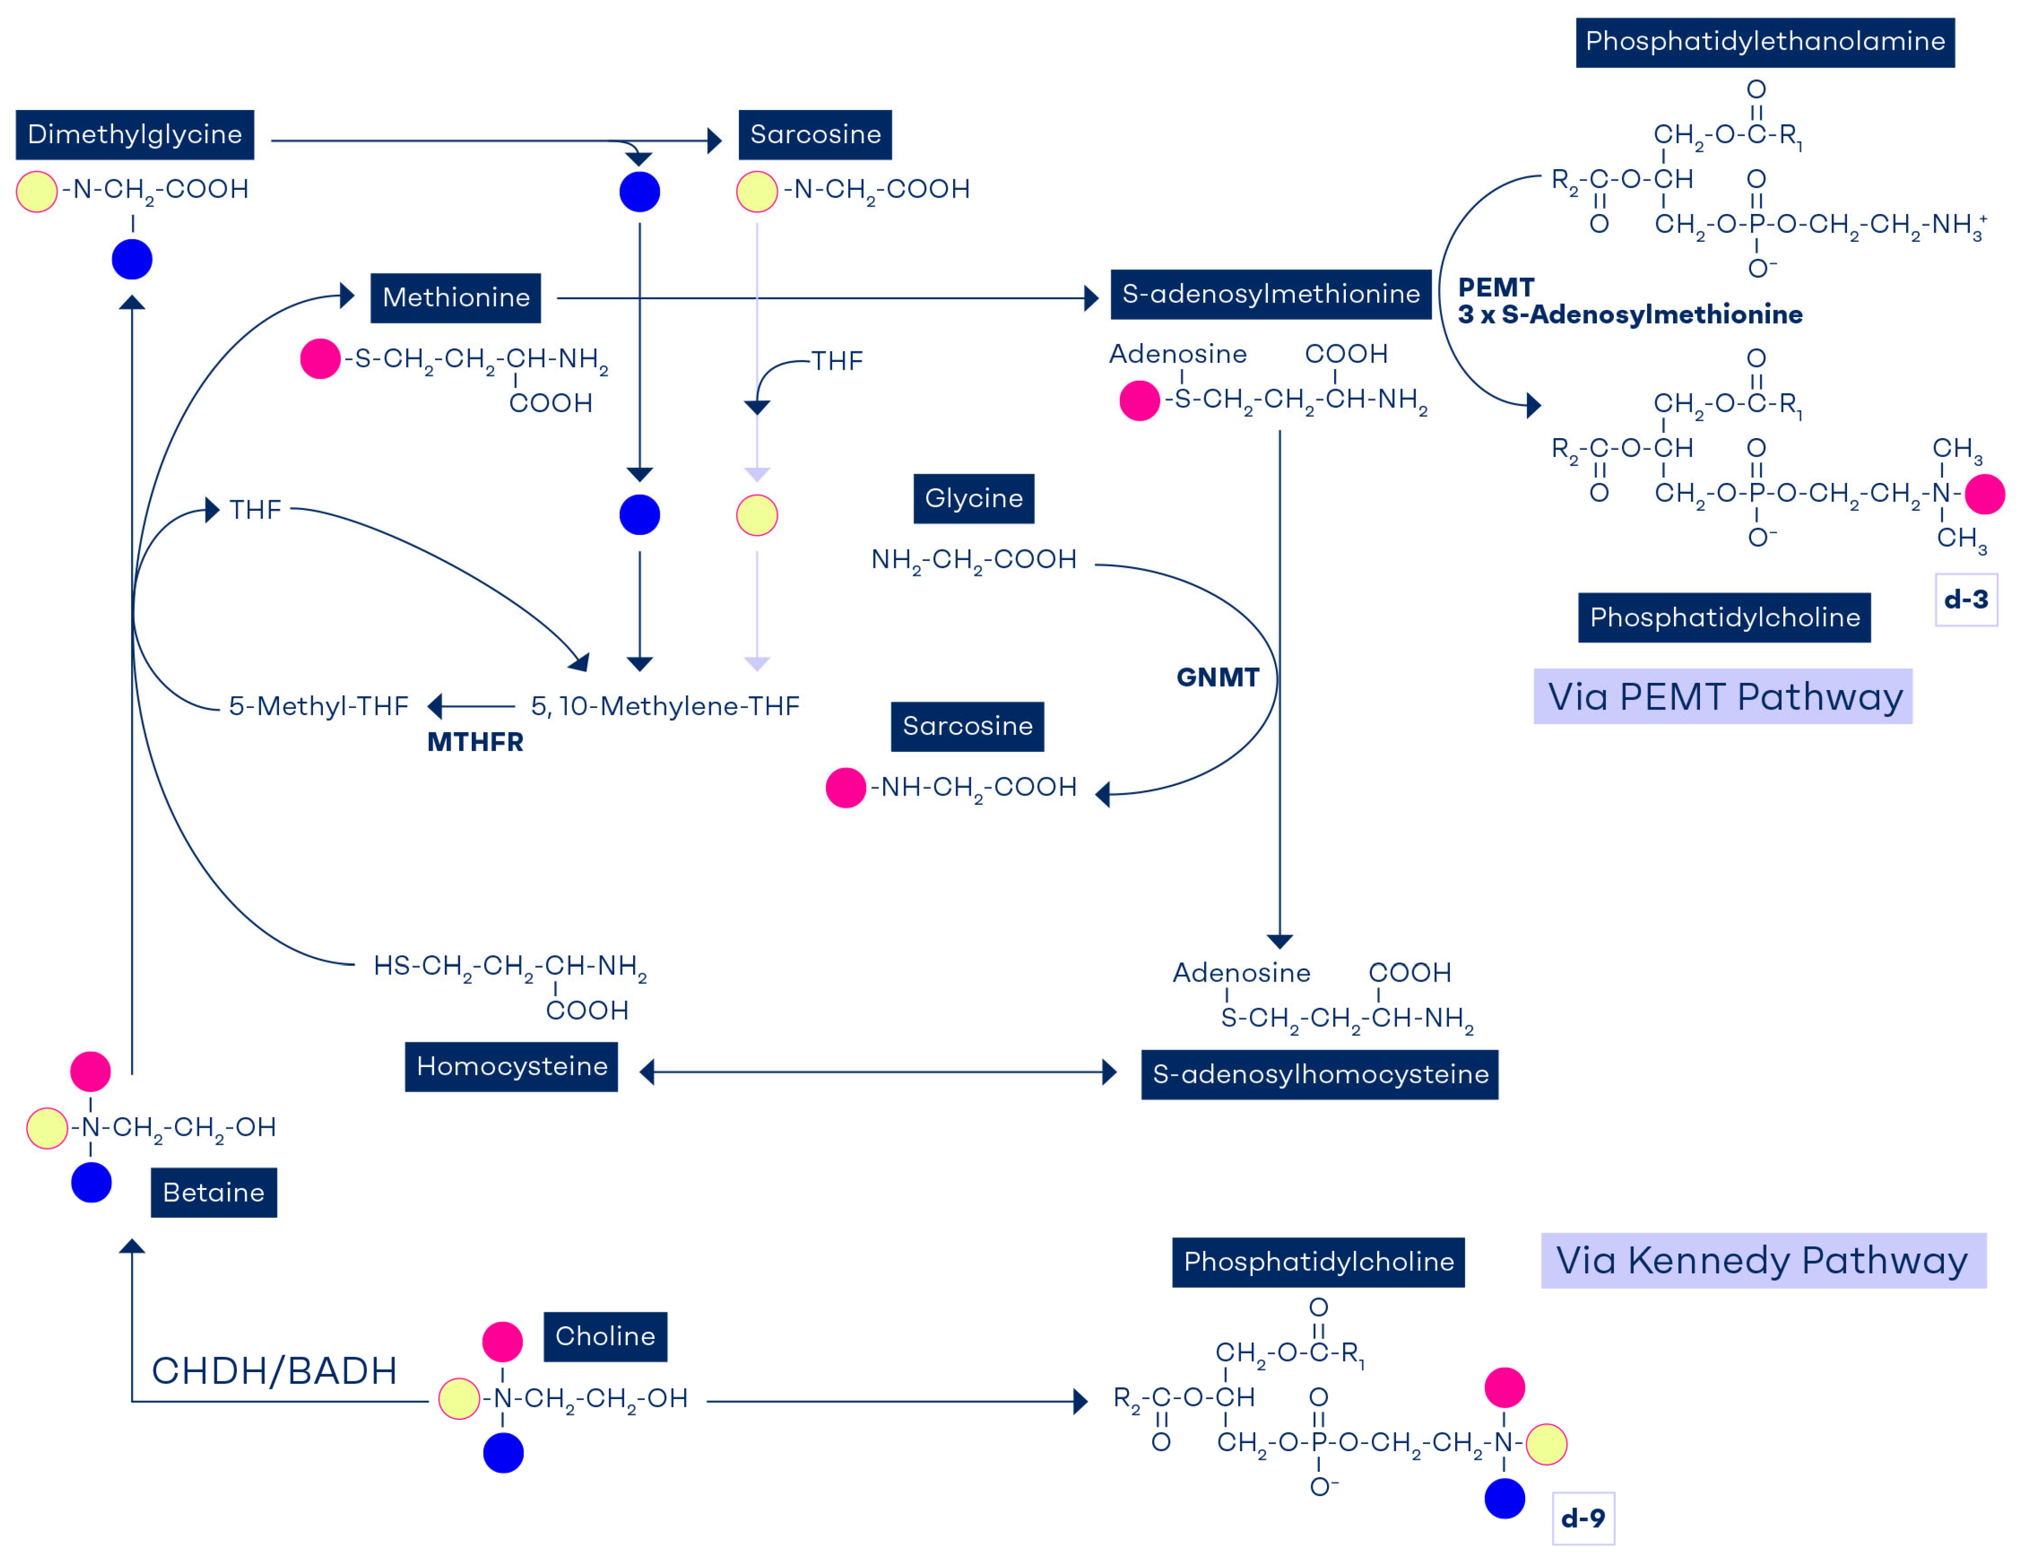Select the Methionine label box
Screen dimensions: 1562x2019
456,298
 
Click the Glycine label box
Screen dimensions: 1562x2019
973,498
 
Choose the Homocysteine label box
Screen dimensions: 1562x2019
511,1066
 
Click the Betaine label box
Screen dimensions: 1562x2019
213,1192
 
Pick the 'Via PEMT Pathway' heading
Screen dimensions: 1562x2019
1723,696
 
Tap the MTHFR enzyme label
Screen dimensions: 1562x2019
475,742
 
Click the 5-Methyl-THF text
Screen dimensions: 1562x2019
318,707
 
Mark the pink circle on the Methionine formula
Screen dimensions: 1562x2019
320,359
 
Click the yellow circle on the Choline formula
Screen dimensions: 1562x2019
459,1398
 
